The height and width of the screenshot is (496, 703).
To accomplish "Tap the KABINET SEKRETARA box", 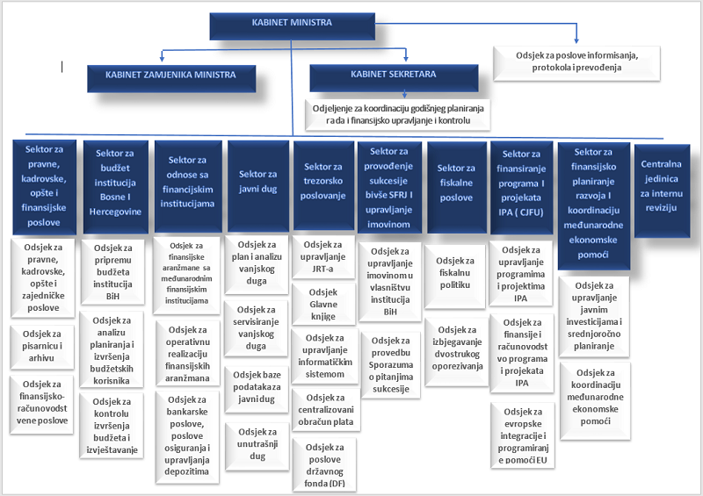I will point(393,76).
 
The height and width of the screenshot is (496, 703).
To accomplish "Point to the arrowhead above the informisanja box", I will point(576,39).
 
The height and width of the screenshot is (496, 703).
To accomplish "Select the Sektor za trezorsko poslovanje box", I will point(323,181).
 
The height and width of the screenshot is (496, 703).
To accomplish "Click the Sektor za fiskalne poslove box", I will point(455,175).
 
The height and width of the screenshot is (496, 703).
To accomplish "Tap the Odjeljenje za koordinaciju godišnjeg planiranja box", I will point(396,112).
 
